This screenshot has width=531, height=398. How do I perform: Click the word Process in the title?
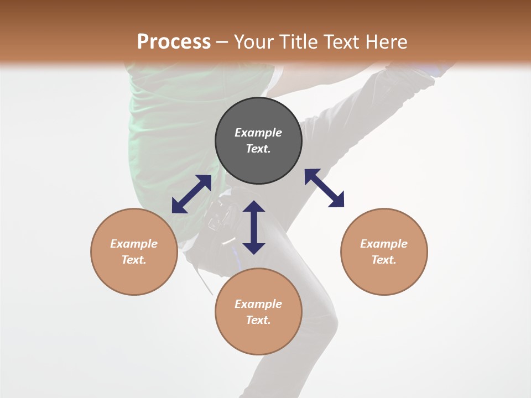pos(174,42)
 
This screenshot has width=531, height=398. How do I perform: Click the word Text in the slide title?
pos(343,42)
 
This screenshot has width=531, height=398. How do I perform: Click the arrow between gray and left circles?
pos(191,194)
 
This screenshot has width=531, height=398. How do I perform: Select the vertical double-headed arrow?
pos(254,227)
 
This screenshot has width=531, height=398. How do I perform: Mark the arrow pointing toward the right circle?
pos(324,188)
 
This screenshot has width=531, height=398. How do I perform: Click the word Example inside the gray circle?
pos(258,133)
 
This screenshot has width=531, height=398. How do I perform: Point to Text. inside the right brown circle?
pos(384,260)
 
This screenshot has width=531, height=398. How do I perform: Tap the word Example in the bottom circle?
pos(258,304)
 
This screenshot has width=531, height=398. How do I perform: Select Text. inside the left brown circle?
pos(134,260)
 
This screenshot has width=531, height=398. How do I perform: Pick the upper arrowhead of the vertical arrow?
pos(254,207)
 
